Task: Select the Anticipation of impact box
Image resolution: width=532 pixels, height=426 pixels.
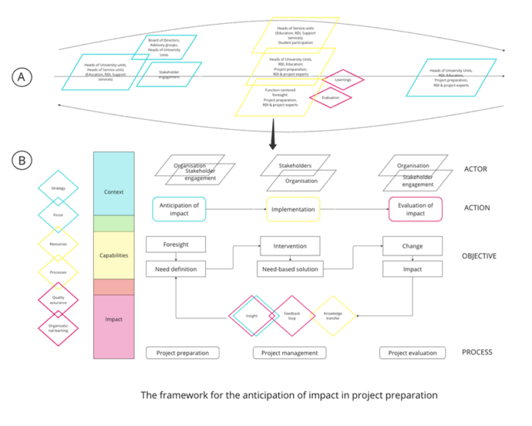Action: coord(179,209)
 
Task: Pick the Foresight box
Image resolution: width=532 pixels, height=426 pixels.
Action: coord(176,245)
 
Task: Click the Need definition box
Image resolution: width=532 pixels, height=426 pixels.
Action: coord(176,269)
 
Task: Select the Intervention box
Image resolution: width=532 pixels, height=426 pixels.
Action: coord(290,245)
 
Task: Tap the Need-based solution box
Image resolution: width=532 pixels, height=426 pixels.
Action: coord(290,269)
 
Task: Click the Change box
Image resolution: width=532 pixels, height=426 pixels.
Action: coord(412,245)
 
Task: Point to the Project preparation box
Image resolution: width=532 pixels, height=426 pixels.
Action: coord(183,353)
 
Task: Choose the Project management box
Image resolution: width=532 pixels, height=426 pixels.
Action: coord(290,353)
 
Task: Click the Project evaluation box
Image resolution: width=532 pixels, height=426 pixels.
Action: coord(413,353)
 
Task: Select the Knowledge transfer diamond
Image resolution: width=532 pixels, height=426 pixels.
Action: coord(332,316)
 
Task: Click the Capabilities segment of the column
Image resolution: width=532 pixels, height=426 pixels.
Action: coord(113,255)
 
